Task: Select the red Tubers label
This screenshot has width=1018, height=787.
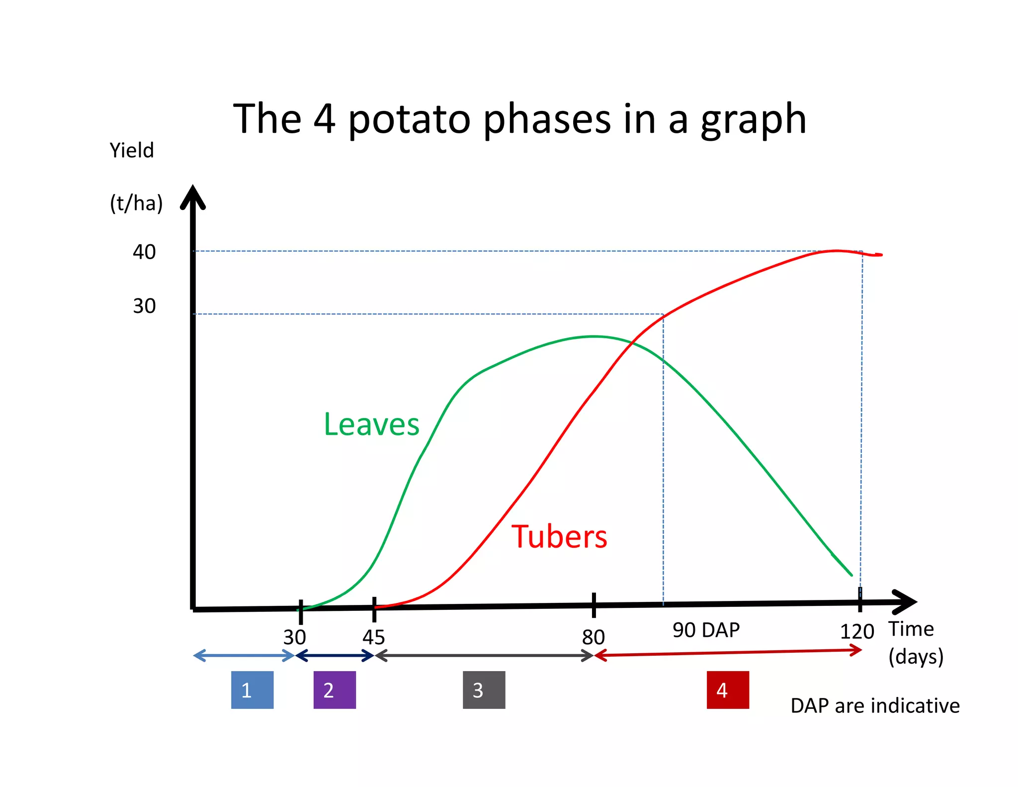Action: click(559, 537)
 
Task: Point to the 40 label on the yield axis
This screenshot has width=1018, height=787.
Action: click(144, 252)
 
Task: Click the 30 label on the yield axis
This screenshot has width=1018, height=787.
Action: click(144, 306)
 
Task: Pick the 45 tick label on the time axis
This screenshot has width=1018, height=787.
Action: click(373, 637)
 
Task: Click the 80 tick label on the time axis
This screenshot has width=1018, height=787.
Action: click(593, 637)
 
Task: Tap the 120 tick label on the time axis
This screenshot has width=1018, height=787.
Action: click(856, 632)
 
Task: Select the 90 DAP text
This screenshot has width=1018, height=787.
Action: click(706, 630)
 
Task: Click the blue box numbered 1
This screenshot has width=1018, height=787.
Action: click(252, 689)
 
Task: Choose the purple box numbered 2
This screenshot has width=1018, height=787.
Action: click(335, 689)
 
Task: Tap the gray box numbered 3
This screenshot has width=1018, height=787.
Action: click(484, 689)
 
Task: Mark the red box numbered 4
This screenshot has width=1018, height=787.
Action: click(728, 689)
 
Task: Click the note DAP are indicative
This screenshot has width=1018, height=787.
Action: click(875, 706)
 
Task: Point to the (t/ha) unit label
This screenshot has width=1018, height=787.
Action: click(136, 203)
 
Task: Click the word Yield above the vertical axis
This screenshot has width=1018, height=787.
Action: click(132, 150)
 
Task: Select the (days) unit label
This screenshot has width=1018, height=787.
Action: click(916, 657)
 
